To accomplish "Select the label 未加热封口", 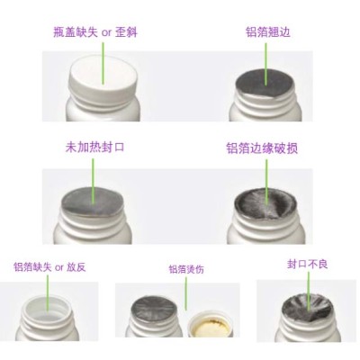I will pos(94,147).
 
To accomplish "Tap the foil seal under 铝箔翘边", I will pos(267,81).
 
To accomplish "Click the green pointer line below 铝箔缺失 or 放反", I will pos(44,289).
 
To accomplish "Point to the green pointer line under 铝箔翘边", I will pos(268,59).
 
